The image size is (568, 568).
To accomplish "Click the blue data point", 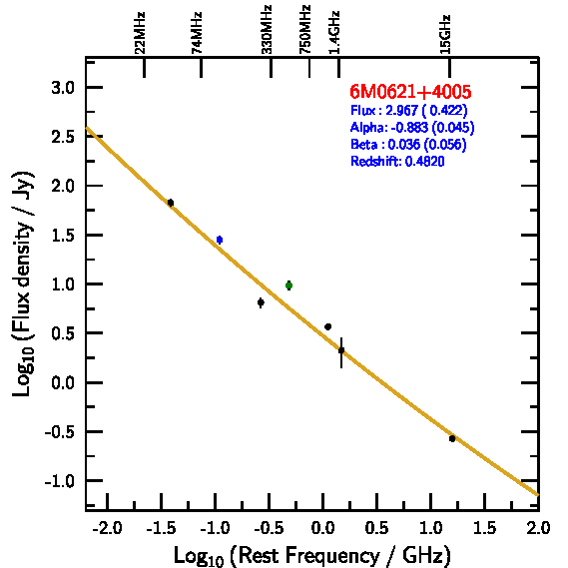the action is [220, 240].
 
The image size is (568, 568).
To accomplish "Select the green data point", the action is [288, 285].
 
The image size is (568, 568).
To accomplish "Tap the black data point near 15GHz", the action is [452, 438].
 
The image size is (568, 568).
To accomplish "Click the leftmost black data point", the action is [171, 203].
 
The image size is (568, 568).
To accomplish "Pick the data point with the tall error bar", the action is [341, 350].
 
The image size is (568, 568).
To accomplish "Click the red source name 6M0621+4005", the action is [410, 91].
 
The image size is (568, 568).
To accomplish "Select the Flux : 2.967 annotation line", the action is [409, 110].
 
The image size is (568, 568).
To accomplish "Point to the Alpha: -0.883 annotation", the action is [412, 127].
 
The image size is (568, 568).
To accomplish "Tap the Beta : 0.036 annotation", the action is [408, 144].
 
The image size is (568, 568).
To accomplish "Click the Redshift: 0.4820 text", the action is [397, 161].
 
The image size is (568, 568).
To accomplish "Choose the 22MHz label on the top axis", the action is [140, 33].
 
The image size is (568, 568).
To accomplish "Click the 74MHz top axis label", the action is [197, 33].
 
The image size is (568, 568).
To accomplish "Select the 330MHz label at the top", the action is [267, 30].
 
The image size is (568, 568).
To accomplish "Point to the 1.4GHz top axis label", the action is [334, 33].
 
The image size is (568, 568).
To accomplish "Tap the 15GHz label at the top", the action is [445, 34].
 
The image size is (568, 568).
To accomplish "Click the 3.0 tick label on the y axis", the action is [63, 88].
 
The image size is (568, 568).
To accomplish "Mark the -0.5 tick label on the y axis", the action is [60, 432].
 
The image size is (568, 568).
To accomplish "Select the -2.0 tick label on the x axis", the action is [107, 528].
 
